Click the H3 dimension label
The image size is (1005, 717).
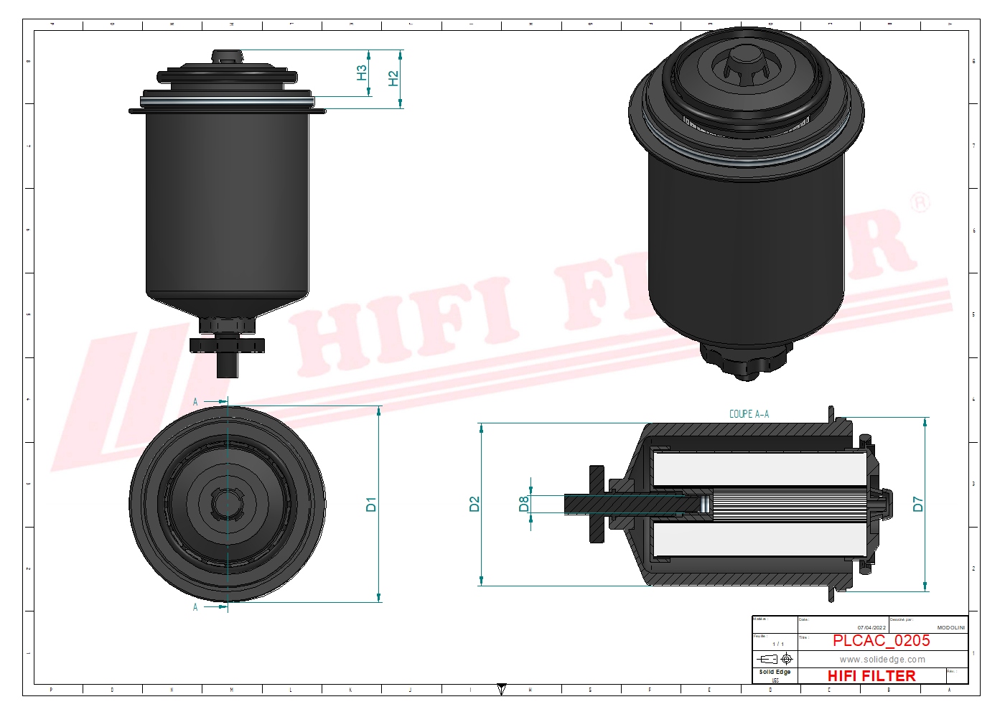(x=362, y=72)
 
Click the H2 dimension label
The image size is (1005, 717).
(x=393, y=78)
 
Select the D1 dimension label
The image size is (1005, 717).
(x=371, y=504)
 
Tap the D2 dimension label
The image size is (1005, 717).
(x=475, y=504)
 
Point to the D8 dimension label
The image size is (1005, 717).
(x=524, y=504)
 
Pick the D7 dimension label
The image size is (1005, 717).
(x=918, y=504)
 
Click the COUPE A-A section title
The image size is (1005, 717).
(x=749, y=414)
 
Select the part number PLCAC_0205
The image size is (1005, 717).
(x=881, y=641)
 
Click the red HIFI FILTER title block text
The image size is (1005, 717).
(x=871, y=676)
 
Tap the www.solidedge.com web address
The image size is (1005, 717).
(x=882, y=660)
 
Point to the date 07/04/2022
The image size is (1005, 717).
(x=871, y=627)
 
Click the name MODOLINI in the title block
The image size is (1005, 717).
(x=950, y=627)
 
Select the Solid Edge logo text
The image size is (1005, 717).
(x=775, y=673)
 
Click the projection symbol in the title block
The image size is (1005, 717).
(x=775, y=659)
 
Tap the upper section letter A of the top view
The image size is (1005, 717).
(x=195, y=402)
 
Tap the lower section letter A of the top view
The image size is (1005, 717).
(x=195, y=607)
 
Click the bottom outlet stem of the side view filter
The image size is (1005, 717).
(x=228, y=365)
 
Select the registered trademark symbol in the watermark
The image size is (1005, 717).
(x=920, y=202)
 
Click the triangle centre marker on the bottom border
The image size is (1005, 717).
(x=502, y=690)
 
